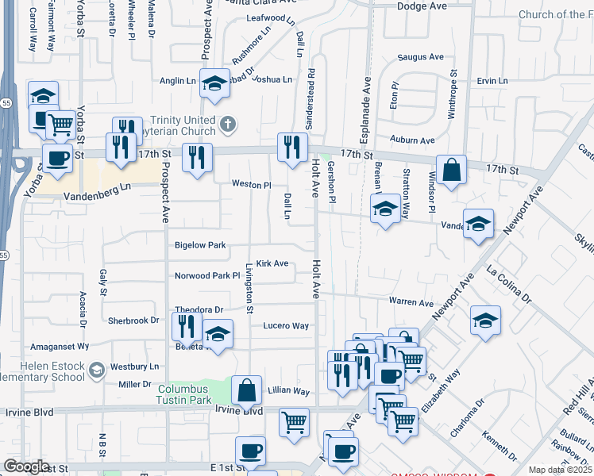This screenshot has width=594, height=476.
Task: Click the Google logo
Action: point(26,466)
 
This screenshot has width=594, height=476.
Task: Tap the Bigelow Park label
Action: point(201,245)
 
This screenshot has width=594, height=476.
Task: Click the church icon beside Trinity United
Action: point(229,124)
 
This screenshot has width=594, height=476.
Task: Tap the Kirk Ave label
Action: point(272,263)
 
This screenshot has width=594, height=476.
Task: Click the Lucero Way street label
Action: point(286,326)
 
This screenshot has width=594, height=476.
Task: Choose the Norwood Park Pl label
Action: point(207,276)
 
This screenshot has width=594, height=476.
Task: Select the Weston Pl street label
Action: point(252,184)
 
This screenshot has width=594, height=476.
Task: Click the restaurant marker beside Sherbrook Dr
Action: point(187,326)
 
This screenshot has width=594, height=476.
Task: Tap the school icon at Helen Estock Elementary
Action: point(96,370)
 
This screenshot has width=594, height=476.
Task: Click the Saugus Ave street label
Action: point(420,57)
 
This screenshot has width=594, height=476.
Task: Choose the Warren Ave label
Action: point(411,302)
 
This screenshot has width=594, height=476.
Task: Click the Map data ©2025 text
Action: point(560,470)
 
